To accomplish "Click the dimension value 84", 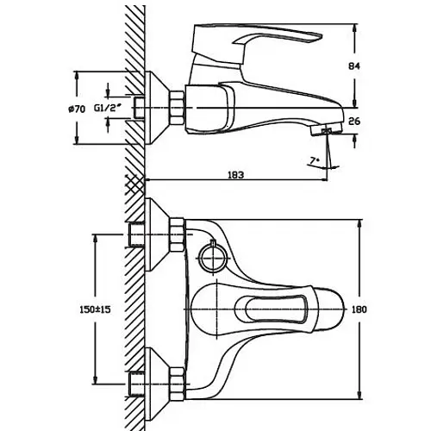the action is point(354,66).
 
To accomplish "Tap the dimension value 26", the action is point(354,122).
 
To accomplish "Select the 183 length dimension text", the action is point(235,175).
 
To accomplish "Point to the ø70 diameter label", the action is point(77,109).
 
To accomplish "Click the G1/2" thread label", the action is point(108,108).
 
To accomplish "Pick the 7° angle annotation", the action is point(315,159).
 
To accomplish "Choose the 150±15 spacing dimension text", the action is point(95,309).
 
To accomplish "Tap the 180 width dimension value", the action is point(359,309).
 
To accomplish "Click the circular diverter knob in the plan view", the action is point(213,258).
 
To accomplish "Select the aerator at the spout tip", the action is point(327,130).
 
